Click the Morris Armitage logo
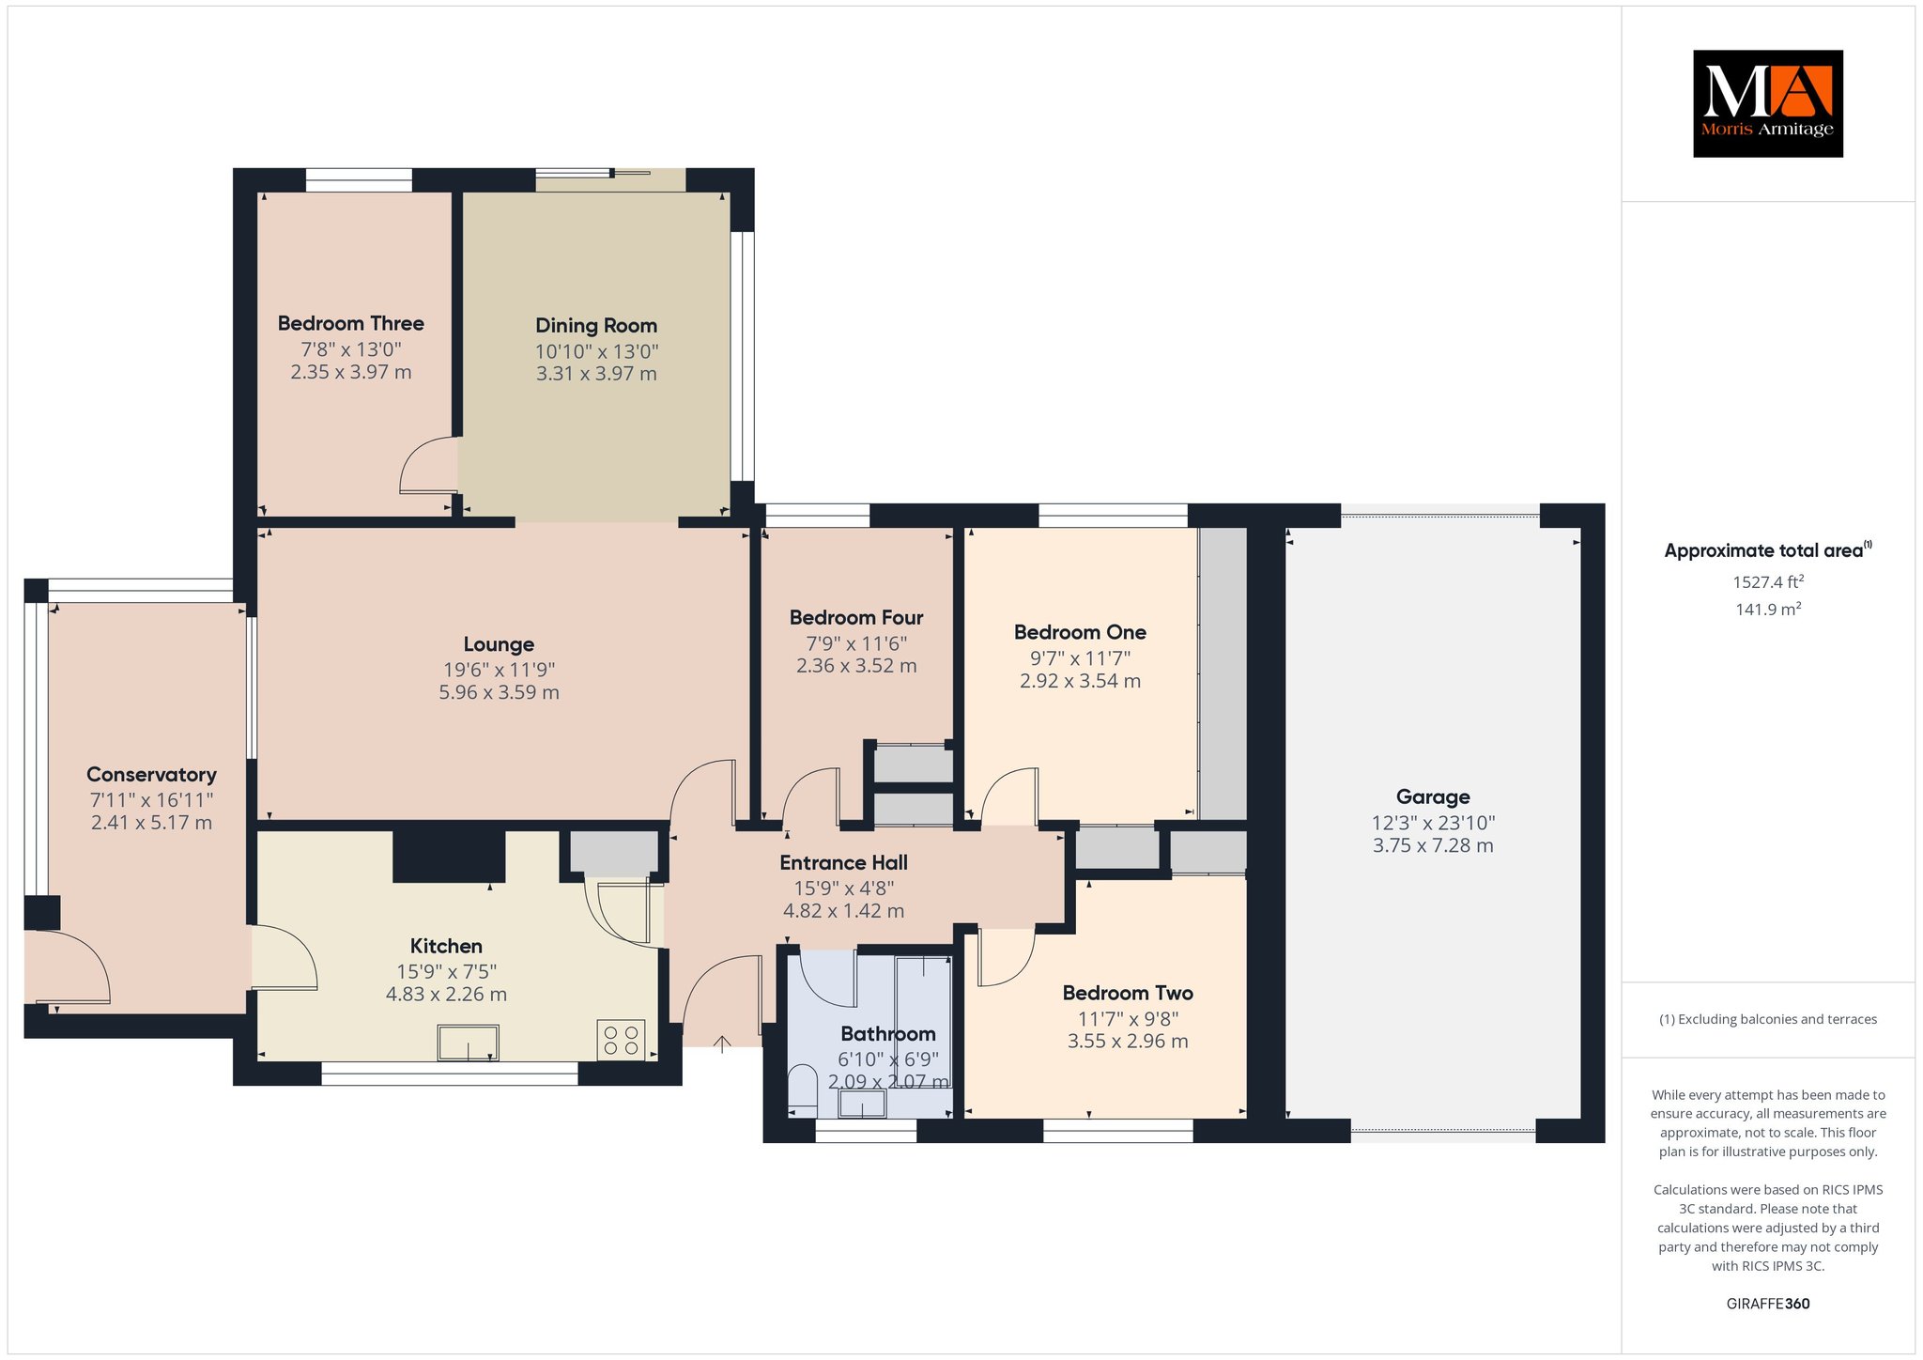(1767, 103)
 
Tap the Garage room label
(1433, 796)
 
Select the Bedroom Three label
(350, 323)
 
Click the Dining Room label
(596, 325)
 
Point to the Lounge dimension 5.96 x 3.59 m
(499, 692)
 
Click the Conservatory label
(151, 774)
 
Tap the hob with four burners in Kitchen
(621, 1040)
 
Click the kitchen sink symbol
(468, 1043)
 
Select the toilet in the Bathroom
(803, 1090)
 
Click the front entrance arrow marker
(722, 1043)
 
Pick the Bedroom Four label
(856, 617)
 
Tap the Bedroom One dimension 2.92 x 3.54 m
(1080, 681)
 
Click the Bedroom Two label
(1128, 993)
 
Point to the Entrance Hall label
(843, 862)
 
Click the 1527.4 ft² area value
(1768, 582)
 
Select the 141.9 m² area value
(1768, 610)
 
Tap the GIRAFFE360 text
(1768, 1304)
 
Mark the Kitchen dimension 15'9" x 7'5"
(446, 972)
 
